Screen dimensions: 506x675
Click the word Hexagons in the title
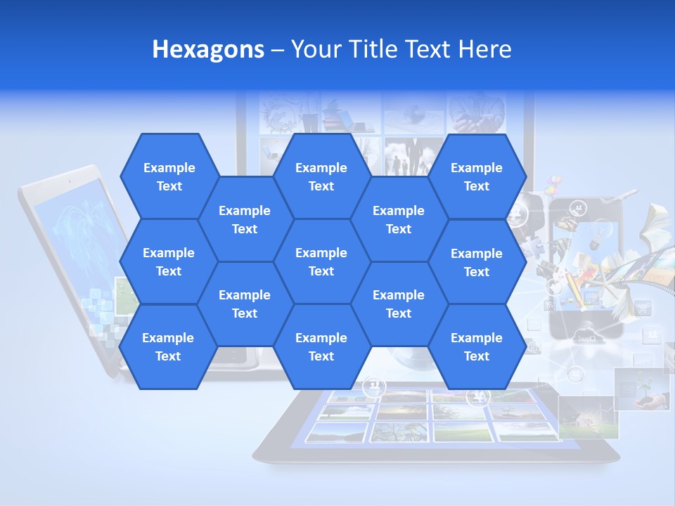[x=208, y=49]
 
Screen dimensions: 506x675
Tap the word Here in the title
[x=484, y=49]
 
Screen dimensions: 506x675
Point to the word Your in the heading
[x=314, y=49]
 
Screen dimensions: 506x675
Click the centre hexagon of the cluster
[x=321, y=261]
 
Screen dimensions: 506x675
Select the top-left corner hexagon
[x=169, y=176]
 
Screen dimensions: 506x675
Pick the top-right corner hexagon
[x=477, y=176]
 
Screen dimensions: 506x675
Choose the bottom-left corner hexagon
[x=168, y=346]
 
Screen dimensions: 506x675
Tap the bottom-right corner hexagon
[x=477, y=346]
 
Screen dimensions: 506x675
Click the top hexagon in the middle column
[x=321, y=176]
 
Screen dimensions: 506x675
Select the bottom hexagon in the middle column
[x=321, y=346]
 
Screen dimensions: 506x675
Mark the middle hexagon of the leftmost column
[x=169, y=261]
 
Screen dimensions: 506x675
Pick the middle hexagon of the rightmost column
[x=477, y=262]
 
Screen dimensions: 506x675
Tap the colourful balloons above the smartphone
[x=553, y=184]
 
